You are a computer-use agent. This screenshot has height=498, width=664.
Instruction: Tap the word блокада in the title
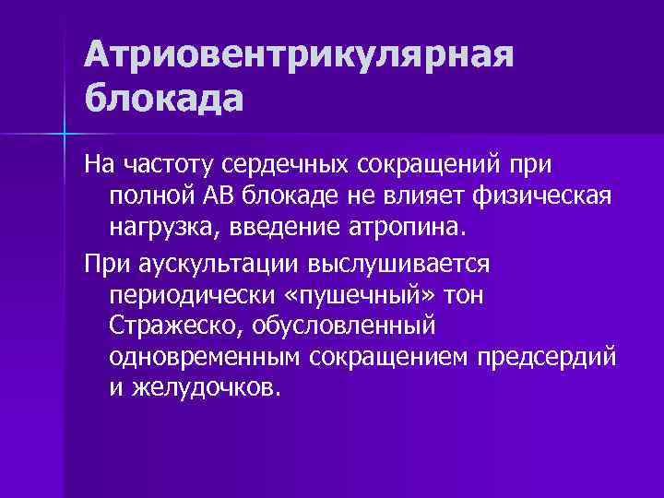163,96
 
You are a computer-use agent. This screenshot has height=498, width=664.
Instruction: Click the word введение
271,225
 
